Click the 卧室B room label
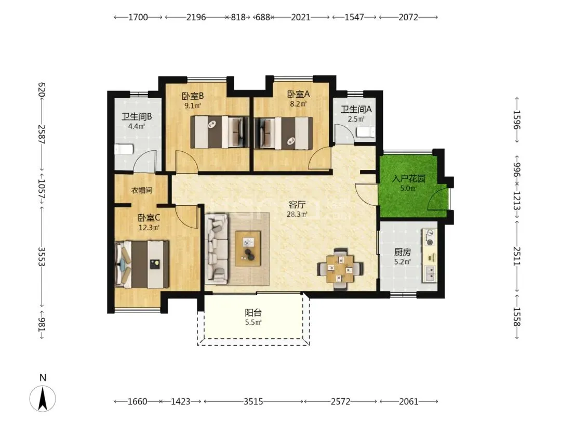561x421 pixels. tap(193, 96)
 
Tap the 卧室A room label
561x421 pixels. tap(298, 94)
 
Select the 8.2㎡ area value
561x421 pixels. tap(298, 104)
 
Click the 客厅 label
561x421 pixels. tap(297, 205)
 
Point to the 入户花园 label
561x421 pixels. tap(409, 178)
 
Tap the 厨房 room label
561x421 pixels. tap(402, 252)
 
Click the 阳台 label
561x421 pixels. tap(253, 312)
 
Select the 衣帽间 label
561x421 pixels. tap(142, 190)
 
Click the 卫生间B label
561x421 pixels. tap(137, 116)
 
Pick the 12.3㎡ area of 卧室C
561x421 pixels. tap(149, 227)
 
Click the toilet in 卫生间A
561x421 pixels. tap(366, 133)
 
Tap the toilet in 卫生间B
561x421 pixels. tap(124, 149)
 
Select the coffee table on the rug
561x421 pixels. tap(248, 248)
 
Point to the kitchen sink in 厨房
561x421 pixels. tap(430, 274)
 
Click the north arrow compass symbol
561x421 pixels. tap(43, 398)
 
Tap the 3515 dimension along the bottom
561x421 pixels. tap(253, 401)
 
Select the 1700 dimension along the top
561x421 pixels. tap(138, 17)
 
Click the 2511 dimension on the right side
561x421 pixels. tap(516, 256)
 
